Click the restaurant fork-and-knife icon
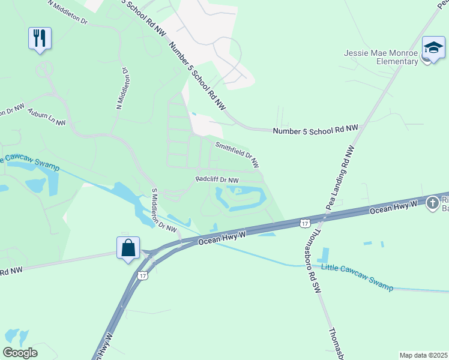tap(40, 38)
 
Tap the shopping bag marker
tap(128, 247)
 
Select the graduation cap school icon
tap(432, 48)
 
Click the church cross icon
tap(432, 203)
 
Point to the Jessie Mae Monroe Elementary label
tap(381, 57)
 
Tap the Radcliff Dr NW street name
tap(217, 180)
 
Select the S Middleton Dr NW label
tap(163, 210)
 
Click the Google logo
tap(20, 353)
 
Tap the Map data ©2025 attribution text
tap(424, 355)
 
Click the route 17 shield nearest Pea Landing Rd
tap(305, 223)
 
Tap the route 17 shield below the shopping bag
tap(142, 275)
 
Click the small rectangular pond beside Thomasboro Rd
tap(325, 254)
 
